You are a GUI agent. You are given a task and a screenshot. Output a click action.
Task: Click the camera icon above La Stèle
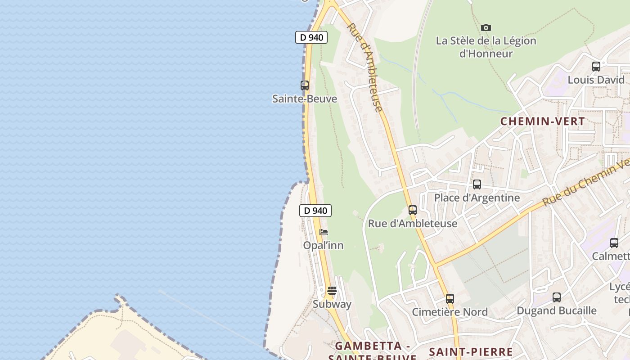[486, 28]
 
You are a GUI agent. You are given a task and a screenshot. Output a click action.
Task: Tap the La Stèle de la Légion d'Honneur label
[486, 47]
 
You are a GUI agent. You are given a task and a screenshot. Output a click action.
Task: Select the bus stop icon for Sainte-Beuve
[305, 85]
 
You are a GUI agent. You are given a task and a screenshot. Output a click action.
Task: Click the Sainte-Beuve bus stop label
[305, 99]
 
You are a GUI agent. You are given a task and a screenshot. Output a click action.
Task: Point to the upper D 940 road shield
[311, 37]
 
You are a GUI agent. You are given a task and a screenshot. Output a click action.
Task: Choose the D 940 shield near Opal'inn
[315, 210]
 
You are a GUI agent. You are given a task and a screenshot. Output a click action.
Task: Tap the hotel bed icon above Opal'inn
[324, 232]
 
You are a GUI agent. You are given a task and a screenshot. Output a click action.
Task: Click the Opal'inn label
[323, 245]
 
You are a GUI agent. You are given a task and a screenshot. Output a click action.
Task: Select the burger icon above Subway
[332, 291]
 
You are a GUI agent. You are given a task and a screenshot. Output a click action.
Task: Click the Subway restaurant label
[332, 304]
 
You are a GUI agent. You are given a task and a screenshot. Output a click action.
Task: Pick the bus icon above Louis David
[596, 67]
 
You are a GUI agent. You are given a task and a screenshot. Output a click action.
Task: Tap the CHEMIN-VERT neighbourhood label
[543, 121]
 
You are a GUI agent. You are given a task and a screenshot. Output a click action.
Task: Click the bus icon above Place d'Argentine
[477, 184]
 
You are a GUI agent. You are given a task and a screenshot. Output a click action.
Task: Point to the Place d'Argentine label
[477, 198]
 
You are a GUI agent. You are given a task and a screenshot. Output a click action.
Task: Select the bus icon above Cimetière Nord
[450, 298]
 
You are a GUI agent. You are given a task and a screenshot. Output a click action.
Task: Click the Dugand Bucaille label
[557, 310]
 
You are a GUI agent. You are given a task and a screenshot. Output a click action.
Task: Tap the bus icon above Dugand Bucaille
[557, 297]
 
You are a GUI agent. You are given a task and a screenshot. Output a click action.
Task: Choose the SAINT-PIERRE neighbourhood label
[471, 352]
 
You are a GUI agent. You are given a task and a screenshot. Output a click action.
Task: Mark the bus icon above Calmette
[614, 243]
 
